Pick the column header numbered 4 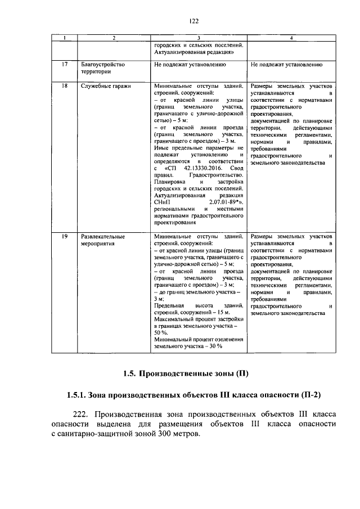(x=290, y=38)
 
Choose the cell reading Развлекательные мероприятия (x=103, y=240)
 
